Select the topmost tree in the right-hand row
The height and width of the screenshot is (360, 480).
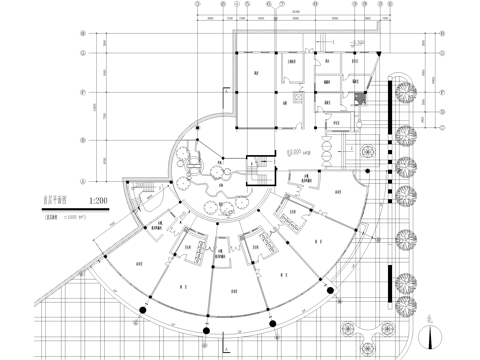click(406, 92)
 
